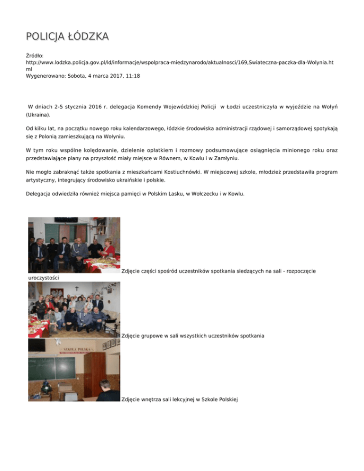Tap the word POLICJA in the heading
click(43, 36)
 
